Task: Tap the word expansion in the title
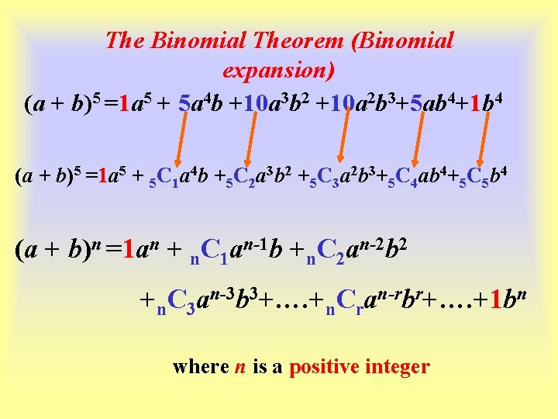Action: pos(278,71)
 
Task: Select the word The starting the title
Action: pos(122,40)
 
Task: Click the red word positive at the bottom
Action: pos(325,366)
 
